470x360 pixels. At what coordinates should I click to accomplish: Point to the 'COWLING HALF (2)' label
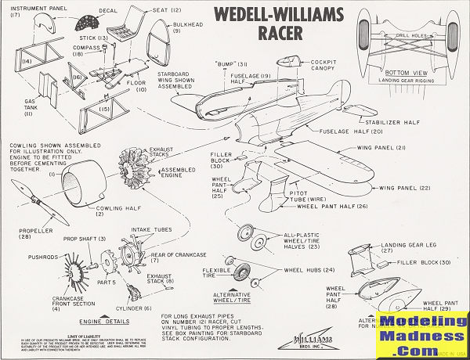[110, 212]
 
